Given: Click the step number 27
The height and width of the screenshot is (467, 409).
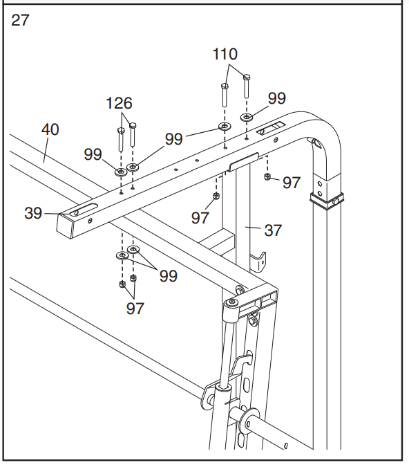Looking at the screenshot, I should pos(21,20).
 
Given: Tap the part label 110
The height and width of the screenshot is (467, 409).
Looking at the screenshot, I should pos(225,54).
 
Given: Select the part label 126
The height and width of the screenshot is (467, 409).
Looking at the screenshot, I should pos(119,103).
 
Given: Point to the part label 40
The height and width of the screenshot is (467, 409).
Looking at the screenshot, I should pos(50,129).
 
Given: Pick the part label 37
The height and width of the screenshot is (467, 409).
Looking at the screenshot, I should pos(274,230).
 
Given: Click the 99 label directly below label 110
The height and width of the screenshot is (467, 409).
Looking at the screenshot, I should pos(276,98).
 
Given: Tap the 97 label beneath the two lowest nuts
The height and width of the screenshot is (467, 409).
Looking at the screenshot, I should pos(135,308).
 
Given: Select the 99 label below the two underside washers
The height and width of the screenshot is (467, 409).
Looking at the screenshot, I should pos(168,276).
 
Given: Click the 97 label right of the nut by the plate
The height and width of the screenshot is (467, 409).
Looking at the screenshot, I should pos(292,182).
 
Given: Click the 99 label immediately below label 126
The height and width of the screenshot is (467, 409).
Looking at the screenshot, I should pos(93,154).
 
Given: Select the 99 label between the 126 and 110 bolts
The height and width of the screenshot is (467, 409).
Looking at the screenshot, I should pos(174,138).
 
